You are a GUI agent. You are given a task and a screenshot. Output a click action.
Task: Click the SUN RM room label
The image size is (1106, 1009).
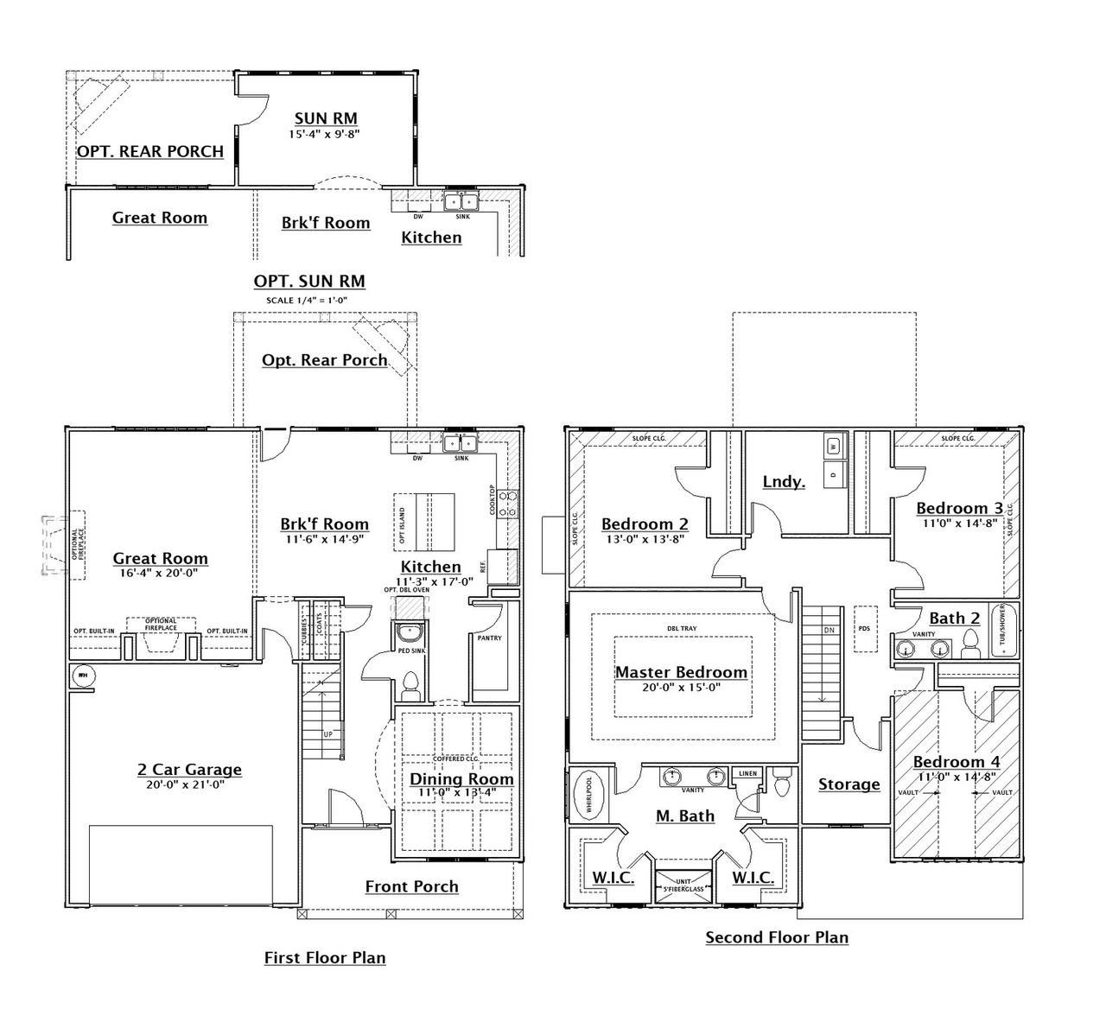pyautogui.click(x=326, y=118)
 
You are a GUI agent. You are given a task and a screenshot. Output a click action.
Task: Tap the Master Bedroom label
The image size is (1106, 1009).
pyautogui.click(x=681, y=672)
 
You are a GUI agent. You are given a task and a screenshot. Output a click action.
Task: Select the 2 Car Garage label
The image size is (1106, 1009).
pyautogui.click(x=189, y=770)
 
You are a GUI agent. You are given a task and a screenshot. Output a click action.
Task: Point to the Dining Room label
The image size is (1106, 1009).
pyautogui.click(x=461, y=779)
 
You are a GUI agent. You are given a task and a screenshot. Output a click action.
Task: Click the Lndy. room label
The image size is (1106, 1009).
pyautogui.click(x=784, y=481)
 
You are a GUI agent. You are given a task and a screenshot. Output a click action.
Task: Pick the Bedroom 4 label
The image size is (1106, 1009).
pyautogui.click(x=957, y=762)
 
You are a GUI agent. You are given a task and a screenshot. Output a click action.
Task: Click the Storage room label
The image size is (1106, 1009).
pyautogui.click(x=849, y=784)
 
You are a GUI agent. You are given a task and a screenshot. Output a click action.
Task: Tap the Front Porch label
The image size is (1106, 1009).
pyautogui.click(x=411, y=886)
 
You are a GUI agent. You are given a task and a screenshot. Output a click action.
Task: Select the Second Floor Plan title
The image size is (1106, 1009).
pyautogui.click(x=777, y=937)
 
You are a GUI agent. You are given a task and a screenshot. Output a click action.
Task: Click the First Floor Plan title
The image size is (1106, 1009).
pyautogui.click(x=325, y=957)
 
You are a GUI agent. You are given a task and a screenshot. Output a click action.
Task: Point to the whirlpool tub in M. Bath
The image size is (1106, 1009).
pyautogui.click(x=588, y=793)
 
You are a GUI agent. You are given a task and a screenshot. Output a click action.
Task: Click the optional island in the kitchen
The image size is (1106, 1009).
pyautogui.click(x=424, y=522)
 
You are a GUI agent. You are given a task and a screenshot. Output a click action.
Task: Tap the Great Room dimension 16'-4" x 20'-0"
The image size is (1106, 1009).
pyautogui.click(x=160, y=573)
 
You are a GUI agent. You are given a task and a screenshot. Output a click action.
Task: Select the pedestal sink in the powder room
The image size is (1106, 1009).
pyautogui.click(x=410, y=633)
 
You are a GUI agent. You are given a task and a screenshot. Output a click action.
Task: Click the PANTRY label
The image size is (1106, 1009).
pyautogui.click(x=489, y=638)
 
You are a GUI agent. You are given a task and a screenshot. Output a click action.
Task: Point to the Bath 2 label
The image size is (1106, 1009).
pyautogui.click(x=954, y=619)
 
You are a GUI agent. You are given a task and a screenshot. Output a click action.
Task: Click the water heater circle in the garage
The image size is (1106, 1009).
pyautogui.click(x=83, y=676)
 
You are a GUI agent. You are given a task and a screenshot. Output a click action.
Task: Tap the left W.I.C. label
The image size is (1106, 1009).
pyautogui.click(x=613, y=878)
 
